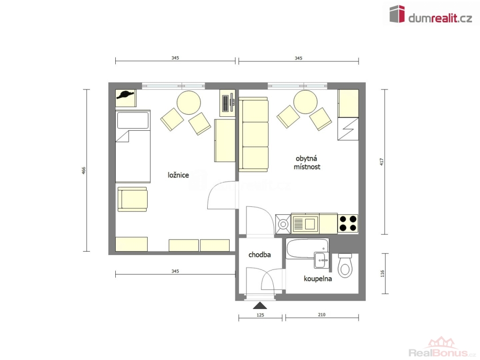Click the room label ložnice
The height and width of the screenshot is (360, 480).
[178, 175]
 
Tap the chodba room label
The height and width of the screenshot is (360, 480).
[260, 255]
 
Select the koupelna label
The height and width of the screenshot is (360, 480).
[318, 279]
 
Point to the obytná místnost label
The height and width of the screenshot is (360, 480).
[307, 163]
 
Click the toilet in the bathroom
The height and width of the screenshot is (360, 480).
[345, 265]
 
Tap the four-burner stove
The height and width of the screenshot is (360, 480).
[348, 224]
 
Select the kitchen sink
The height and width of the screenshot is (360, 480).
[305, 224]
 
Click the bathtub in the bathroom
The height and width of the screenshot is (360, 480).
[307, 248]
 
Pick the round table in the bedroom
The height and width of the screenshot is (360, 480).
[189, 103]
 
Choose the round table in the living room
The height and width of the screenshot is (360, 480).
[305, 102]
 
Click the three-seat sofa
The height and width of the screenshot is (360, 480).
[254, 135]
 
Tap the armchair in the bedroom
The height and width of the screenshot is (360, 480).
[133, 199]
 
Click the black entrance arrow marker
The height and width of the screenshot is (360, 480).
[260, 305]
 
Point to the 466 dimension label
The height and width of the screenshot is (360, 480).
[83, 171]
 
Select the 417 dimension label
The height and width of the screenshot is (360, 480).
[382, 162]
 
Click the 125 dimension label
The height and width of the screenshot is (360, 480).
[260, 315]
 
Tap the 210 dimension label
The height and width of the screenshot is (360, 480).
[322, 315]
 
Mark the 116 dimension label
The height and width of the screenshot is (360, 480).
[382, 274]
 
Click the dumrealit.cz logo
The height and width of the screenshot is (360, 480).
[430, 15]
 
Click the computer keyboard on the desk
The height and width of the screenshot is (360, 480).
[225, 103]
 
